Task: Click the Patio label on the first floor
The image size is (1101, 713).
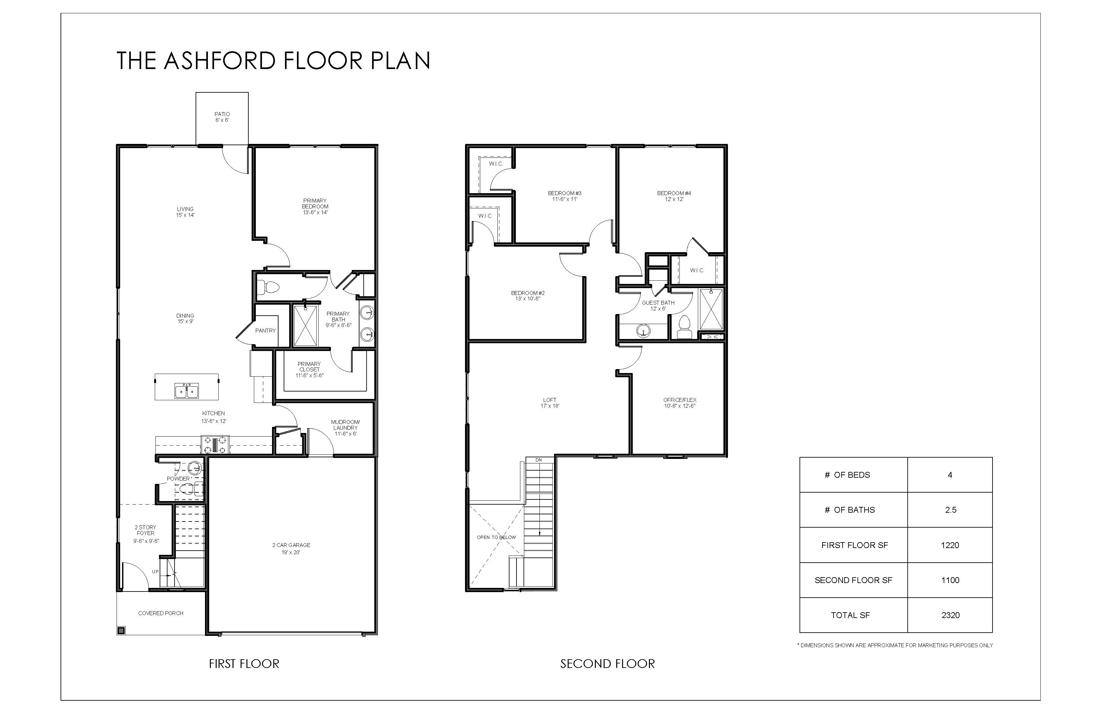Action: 222,114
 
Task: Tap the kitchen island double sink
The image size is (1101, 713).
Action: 187,391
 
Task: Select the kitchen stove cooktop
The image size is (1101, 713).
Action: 215,445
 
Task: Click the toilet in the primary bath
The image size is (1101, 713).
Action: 268,287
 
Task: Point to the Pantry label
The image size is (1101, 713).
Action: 266,331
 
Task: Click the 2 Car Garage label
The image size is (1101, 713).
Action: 291,545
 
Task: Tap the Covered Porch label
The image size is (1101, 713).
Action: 161,614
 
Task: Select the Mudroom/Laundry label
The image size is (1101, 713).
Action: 345,425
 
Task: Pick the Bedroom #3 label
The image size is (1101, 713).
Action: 565,193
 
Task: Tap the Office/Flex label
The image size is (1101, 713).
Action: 680,400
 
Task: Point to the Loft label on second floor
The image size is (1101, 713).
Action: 550,400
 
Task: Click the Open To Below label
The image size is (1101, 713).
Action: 496,538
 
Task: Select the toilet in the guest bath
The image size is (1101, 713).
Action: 684,327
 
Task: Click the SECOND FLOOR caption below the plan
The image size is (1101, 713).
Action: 607,664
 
